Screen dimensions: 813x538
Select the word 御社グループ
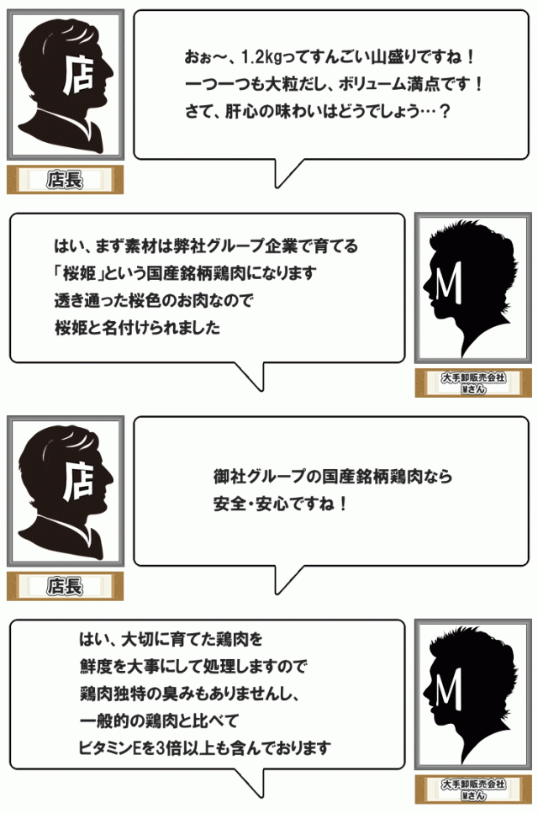(257, 477)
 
